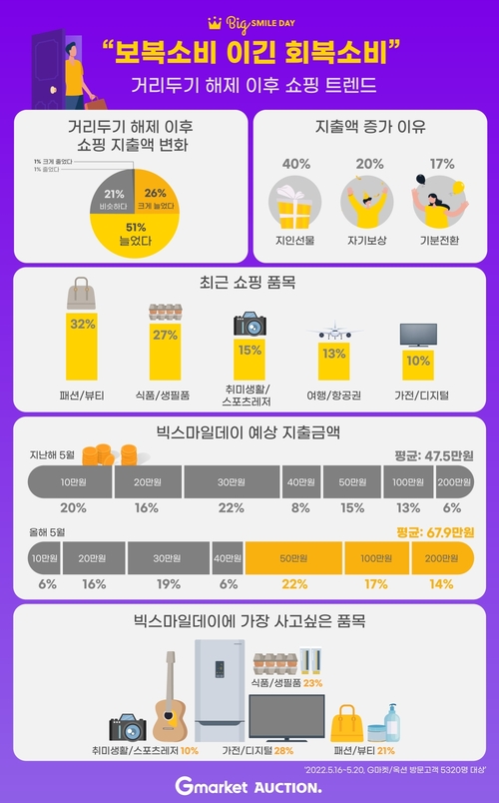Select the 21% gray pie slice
point(113,198)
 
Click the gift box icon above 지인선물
point(294,206)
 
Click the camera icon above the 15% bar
point(249,325)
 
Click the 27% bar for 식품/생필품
point(165,354)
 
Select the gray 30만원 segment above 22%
point(232,483)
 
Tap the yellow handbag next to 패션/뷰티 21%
point(349,720)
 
